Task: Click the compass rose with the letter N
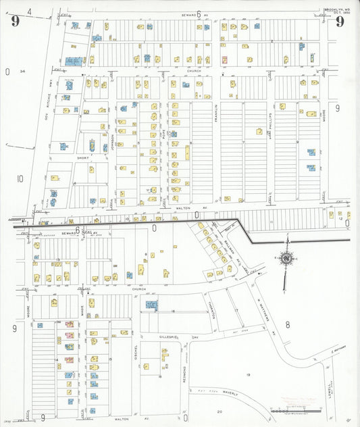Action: point(286,257)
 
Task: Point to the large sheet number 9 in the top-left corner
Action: point(14,21)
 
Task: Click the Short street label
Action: point(83,158)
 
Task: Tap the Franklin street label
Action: point(216,108)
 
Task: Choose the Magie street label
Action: point(82,314)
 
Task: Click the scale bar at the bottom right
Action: point(292,409)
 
